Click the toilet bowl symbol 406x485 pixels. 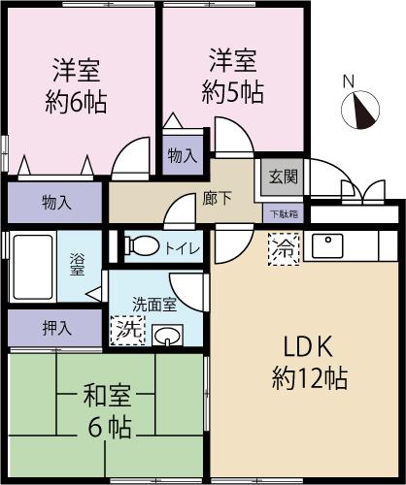142,247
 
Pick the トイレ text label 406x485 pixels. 183,248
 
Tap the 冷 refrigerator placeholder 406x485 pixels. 285,248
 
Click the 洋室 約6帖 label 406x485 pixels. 78,85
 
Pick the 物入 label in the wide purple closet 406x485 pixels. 55,203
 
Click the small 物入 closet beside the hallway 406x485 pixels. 182,153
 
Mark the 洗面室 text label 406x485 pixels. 155,304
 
